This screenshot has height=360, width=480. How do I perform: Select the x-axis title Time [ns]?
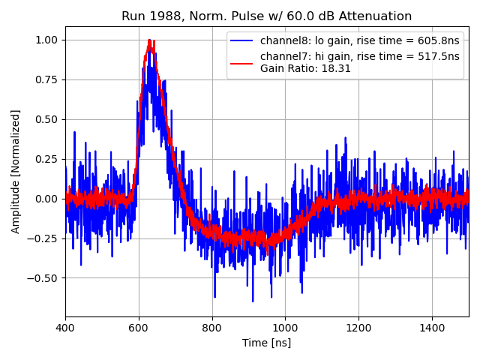point(266,343)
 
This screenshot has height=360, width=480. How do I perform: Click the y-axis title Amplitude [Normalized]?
point(16,171)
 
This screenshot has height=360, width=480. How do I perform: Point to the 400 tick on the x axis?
point(65,328)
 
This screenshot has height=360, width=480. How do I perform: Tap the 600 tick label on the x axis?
point(139,328)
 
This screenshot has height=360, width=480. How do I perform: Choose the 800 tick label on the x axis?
point(212,328)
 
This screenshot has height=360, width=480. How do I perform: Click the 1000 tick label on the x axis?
point(285,328)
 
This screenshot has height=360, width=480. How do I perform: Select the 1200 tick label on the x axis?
point(358,328)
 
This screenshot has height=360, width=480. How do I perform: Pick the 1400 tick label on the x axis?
point(432,328)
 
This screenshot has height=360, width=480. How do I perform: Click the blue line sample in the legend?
point(242,40)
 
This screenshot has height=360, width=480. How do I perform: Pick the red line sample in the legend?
point(242,62)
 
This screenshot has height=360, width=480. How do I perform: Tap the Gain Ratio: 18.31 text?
point(305,68)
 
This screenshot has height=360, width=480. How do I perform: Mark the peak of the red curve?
point(150,40)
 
